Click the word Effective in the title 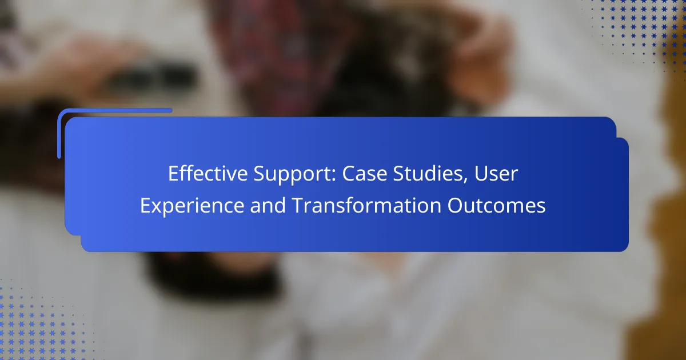208,173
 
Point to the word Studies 428,173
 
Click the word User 496,174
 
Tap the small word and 268,205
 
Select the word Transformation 366,205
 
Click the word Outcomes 496,205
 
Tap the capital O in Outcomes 456,205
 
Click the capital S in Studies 399,174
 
